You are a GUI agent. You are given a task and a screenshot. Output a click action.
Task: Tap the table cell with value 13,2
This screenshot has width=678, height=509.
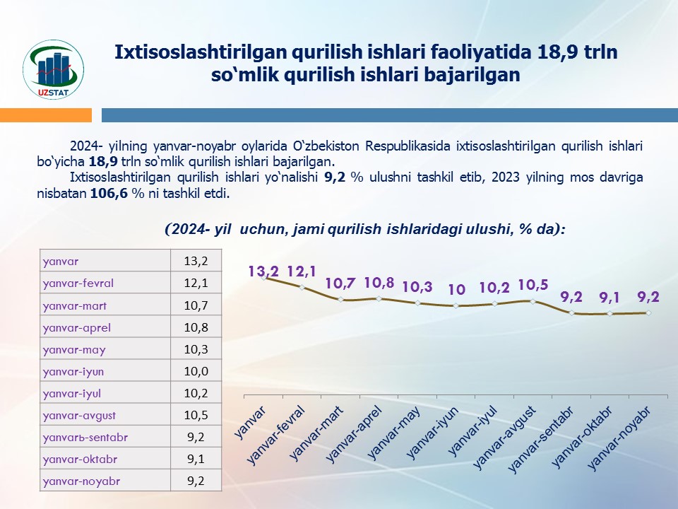click(x=195, y=262)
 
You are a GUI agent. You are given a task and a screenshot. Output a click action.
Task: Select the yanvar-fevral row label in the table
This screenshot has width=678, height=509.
click(x=78, y=283)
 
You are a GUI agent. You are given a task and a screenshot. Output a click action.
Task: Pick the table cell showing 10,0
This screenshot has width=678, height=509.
click(x=195, y=371)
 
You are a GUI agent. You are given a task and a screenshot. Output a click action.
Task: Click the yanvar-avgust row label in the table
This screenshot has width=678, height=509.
click(x=79, y=415)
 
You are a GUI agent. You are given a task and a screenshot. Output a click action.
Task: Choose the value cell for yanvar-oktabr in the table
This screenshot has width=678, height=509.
click(x=195, y=459)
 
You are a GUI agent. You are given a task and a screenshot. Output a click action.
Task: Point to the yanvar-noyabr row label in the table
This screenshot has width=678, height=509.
click(x=81, y=481)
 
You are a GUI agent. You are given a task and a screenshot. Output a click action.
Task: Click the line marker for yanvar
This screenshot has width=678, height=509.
click(x=264, y=278)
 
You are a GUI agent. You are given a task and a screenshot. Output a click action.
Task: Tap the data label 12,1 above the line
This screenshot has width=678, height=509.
click(x=302, y=271)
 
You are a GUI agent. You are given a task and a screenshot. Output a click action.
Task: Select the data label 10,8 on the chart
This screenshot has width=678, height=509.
click(x=379, y=283)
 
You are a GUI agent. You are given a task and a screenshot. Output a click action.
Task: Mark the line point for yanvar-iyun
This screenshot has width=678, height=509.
click(x=456, y=306)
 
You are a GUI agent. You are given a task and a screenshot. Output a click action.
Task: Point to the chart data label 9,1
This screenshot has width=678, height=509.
click(x=609, y=298)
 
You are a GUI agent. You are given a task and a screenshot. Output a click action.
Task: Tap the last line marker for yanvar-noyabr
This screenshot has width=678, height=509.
click(x=648, y=312)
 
